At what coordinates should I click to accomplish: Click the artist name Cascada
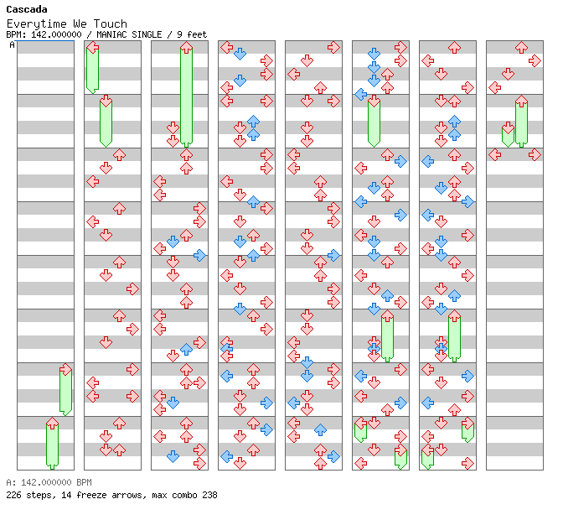pyautogui.click(x=27, y=9)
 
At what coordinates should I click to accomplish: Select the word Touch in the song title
pyautogui.click(x=111, y=23)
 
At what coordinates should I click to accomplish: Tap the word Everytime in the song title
pyautogui.click(x=37, y=24)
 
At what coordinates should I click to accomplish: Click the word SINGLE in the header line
pyautogui.click(x=147, y=34)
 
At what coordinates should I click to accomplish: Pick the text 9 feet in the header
pyautogui.click(x=192, y=34)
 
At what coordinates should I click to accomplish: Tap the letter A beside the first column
pyautogui.click(x=13, y=44)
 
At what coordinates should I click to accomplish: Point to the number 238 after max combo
pyautogui.click(x=209, y=495)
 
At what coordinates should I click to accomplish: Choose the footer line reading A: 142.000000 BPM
pyautogui.click(x=49, y=482)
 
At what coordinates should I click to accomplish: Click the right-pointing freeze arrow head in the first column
pyautogui.click(x=65, y=369)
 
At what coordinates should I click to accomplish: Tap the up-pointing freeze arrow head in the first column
pyautogui.click(x=53, y=423)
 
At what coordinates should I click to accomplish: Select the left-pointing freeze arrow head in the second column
pyautogui.click(x=93, y=47)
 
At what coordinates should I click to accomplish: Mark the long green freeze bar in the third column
pyautogui.click(x=186, y=97)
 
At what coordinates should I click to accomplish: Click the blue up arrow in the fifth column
pyautogui.click(x=320, y=429)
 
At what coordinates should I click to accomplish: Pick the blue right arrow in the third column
pyautogui.click(x=199, y=255)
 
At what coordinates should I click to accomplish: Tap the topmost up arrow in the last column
pyautogui.click(x=521, y=47)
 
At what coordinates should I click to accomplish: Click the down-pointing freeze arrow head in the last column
pyautogui.click(x=508, y=127)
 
